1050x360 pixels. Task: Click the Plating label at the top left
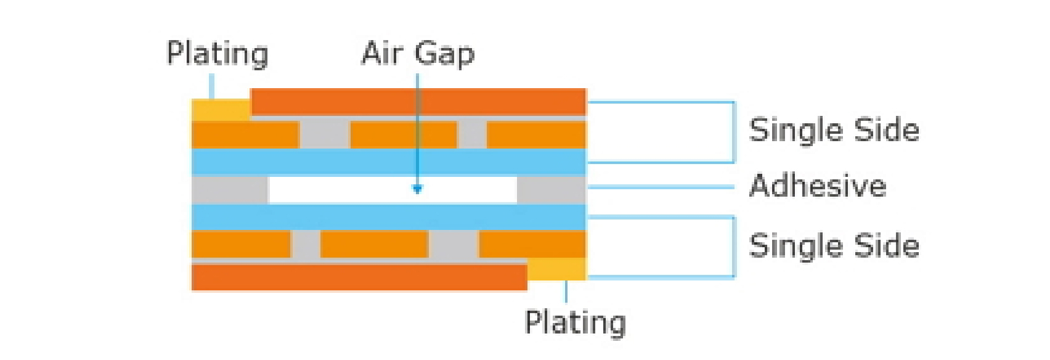click(218, 54)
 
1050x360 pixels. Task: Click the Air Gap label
click(418, 54)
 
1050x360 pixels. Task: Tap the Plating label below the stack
click(575, 322)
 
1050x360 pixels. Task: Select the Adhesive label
click(818, 186)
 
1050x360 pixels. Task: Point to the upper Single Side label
click(834, 130)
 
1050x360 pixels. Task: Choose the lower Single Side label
click(834, 245)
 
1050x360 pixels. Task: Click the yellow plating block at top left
click(221, 110)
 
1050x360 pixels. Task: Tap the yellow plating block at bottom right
click(556, 269)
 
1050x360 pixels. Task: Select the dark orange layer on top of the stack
click(418, 102)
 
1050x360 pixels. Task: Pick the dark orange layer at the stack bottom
click(359, 277)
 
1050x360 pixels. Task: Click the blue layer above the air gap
click(389, 162)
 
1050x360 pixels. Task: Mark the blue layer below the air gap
click(389, 217)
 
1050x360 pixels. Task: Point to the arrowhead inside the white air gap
click(417, 189)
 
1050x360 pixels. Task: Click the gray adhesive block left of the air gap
click(230, 190)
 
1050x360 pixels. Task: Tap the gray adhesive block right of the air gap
click(551, 190)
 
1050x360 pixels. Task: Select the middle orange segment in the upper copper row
click(404, 134)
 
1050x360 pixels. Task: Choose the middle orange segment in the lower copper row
click(374, 244)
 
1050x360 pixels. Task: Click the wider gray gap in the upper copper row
click(325, 134)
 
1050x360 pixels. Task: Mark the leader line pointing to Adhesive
click(659, 186)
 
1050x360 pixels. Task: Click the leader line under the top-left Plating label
click(212, 86)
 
